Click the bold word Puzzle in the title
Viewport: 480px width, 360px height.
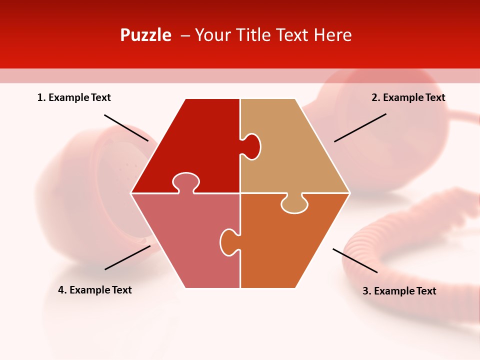(x=145, y=35)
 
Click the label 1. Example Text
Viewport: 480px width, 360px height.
(x=74, y=98)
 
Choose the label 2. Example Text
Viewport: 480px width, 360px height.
(x=408, y=98)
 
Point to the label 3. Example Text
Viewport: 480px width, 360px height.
(x=399, y=291)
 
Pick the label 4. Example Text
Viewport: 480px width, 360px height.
(x=95, y=290)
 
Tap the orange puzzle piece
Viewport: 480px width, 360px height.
(x=290, y=245)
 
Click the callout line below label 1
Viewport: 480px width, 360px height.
(x=126, y=127)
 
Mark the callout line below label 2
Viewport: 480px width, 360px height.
(x=360, y=127)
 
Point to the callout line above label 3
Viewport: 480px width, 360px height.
(x=355, y=260)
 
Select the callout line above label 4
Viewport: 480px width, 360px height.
(x=127, y=257)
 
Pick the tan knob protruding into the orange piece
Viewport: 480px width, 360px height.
(x=294, y=204)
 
